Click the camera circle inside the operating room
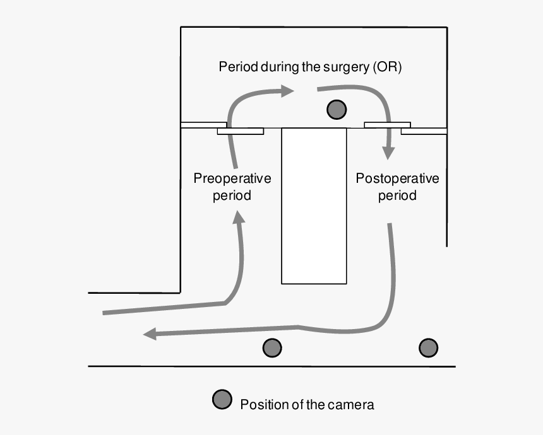tap(337, 109)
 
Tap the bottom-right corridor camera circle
tap(429, 347)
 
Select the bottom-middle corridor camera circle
tap(272, 347)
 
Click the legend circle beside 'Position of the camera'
tap(222, 400)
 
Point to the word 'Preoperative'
tap(232, 178)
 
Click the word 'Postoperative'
tap(397, 178)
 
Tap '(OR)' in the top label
tap(386, 67)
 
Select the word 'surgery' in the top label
tap(345, 67)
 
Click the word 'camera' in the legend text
tap(350, 404)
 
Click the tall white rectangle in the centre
tap(314, 206)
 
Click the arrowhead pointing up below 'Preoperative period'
tap(239, 218)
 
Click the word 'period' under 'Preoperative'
tap(232, 195)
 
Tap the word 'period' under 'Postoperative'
tap(397, 195)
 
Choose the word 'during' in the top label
tap(278, 67)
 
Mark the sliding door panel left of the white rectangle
tap(241, 131)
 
